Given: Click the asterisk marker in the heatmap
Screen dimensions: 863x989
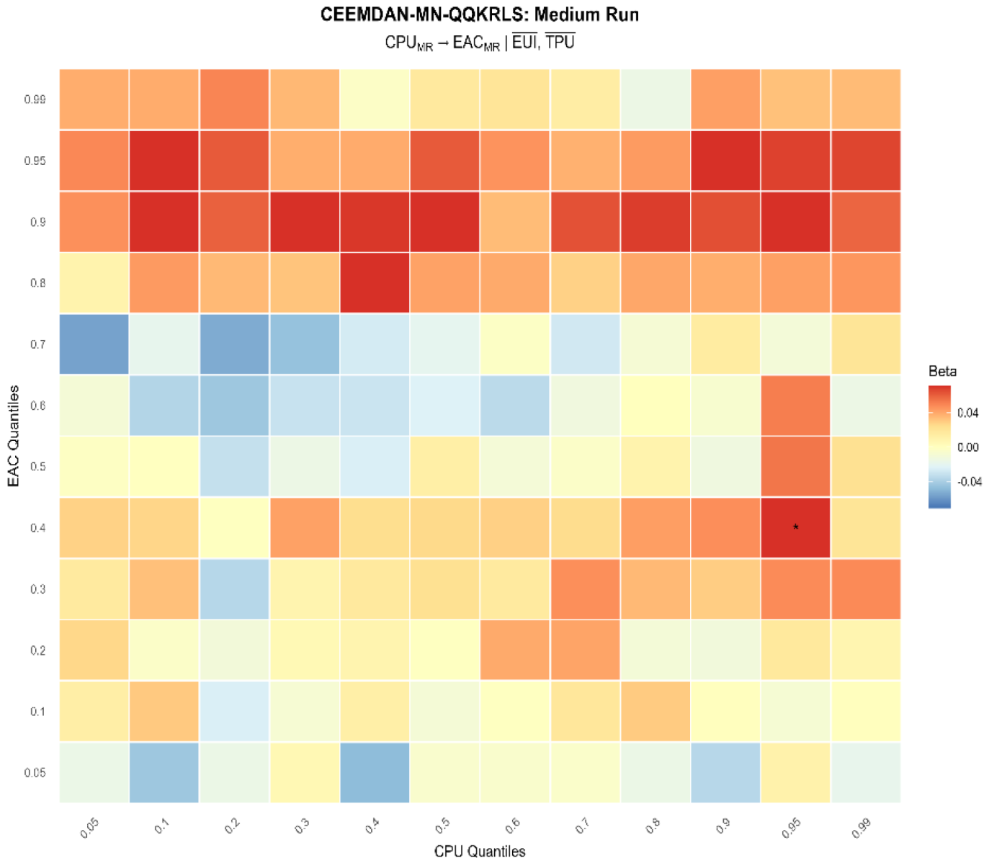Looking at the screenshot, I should click(x=795, y=527).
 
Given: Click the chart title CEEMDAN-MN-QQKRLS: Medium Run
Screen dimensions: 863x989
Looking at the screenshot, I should click(x=479, y=15).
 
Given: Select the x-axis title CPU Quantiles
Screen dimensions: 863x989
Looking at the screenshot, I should click(x=480, y=851).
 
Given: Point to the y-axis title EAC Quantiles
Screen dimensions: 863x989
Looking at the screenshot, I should click(x=14, y=436).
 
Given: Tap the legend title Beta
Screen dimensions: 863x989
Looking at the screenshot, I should click(x=942, y=372).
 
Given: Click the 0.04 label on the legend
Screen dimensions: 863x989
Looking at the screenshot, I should click(x=967, y=413).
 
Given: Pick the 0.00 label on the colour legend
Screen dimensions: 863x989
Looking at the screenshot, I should click(x=967, y=447).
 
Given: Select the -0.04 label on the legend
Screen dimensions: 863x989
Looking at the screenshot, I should click(x=969, y=482).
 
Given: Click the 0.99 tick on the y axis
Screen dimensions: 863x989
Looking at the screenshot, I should click(x=35, y=99).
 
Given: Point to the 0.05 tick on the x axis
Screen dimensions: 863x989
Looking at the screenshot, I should click(x=90, y=828).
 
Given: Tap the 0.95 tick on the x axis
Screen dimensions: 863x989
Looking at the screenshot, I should click(x=791, y=828).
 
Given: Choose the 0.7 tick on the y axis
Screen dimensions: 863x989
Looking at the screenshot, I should click(x=37, y=344).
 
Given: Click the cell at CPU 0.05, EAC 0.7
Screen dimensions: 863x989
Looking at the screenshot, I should click(x=94, y=344).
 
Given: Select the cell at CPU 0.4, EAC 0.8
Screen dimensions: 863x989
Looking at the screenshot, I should click(x=375, y=283).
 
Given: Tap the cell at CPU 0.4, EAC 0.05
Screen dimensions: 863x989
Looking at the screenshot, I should click(x=375, y=772).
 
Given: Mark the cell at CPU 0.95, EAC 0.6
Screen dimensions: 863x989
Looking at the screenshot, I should click(x=795, y=406).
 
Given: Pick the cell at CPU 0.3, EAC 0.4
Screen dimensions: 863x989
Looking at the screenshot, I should click(x=305, y=527).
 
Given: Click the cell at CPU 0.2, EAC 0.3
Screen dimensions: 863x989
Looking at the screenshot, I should click(x=234, y=589).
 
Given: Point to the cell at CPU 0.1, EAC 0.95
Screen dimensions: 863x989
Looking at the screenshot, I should click(x=164, y=161).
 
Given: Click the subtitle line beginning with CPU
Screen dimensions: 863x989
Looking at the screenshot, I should click(x=479, y=43).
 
